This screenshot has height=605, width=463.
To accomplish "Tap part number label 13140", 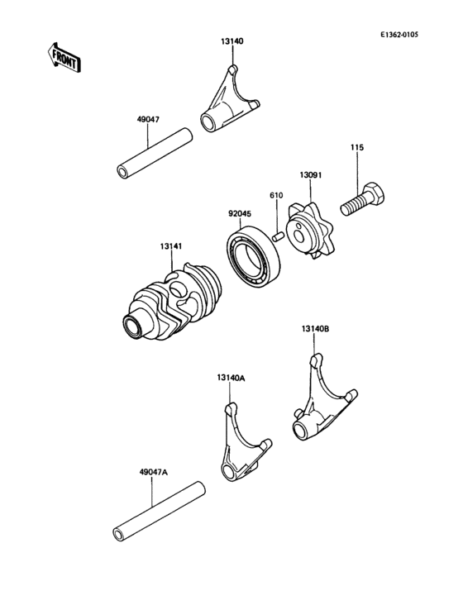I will tap(231, 40).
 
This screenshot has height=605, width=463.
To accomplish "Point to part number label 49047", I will tap(148, 120).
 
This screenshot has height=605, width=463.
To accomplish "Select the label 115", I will tap(356, 148).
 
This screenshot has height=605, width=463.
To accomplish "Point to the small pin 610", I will tap(279, 235).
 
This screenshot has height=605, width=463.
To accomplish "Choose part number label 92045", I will tap(240, 212).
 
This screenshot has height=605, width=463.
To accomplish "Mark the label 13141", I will tap(172, 246).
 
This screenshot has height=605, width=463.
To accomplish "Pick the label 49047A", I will tap(153, 472).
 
